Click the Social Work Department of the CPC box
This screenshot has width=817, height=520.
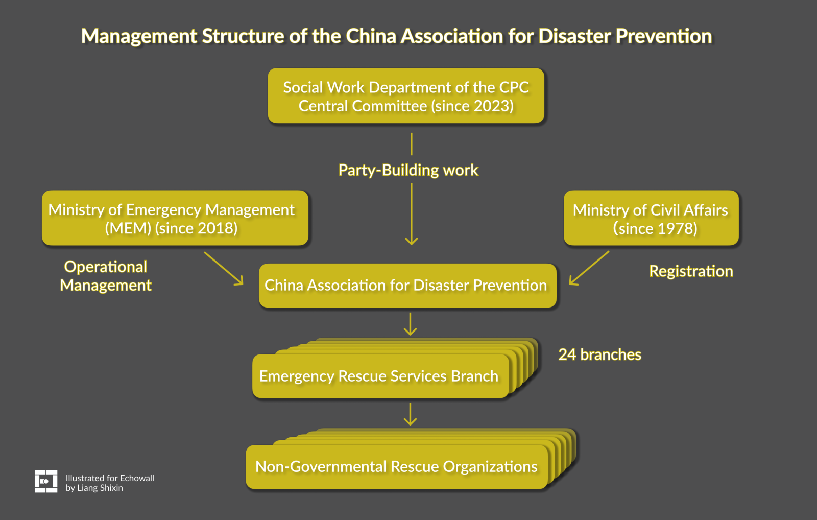pyautogui.click(x=406, y=96)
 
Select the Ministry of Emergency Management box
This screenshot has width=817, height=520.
pyautogui.click(x=175, y=219)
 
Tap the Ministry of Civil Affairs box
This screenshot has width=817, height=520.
pyautogui.click(x=651, y=219)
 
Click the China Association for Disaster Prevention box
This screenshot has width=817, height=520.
pyautogui.click(x=407, y=286)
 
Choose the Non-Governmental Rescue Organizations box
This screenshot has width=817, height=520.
pyautogui.click(x=396, y=467)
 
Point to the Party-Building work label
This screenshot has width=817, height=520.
pyautogui.click(x=408, y=170)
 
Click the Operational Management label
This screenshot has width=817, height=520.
pyautogui.click(x=106, y=276)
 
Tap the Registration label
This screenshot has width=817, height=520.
pyautogui.click(x=690, y=271)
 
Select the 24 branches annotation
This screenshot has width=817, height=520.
pyautogui.click(x=599, y=354)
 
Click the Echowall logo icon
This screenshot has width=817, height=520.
pyautogui.click(x=46, y=481)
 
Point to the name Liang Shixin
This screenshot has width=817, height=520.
pyautogui.click(x=100, y=488)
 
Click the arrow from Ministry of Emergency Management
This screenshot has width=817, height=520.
pyautogui.click(x=224, y=268)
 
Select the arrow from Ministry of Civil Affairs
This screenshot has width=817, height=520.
pyautogui.click(x=589, y=268)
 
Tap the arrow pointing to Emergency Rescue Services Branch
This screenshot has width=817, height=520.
pyautogui.click(x=410, y=324)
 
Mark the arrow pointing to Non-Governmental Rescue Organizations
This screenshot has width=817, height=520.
pyautogui.click(x=410, y=414)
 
